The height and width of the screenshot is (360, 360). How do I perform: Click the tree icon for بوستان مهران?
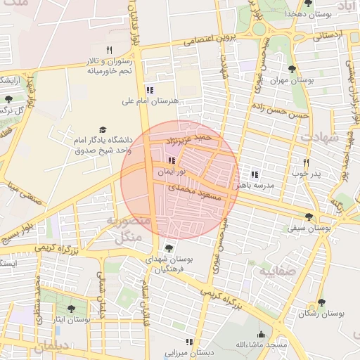click(292, 69)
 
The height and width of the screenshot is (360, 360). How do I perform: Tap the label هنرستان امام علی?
click(150, 101)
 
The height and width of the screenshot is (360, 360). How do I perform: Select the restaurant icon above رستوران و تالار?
click(109, 50)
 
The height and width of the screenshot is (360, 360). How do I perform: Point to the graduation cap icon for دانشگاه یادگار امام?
click(103, 130)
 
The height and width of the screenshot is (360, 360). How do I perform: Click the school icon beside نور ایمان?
click(172, 161)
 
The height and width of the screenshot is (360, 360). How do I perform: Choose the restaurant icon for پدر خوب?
click(306, 162)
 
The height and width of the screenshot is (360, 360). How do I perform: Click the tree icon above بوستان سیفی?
click(309, 216)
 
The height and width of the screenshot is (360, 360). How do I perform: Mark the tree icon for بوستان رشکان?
click(321, 302)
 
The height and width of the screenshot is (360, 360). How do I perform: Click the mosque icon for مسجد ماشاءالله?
click(261, 334)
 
